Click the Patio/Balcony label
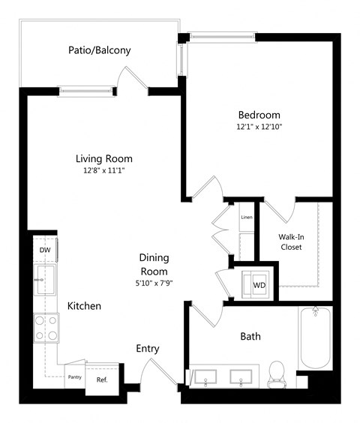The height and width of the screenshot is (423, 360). tap(99, 51)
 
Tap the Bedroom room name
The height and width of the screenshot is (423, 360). tap(259, 115)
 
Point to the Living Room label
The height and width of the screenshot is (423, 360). tap(103, 158)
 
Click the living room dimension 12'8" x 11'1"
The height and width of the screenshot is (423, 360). tap(103, 170)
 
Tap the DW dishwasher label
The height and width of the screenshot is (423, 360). tap(44, 250)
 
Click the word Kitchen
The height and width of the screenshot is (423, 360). tap(84, 306)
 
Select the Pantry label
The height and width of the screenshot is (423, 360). tap(74, 377)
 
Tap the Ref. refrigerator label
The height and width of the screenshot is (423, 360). tap(101, 379)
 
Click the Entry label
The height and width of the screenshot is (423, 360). tap(147, 349)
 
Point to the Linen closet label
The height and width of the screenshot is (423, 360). tap(246, 217)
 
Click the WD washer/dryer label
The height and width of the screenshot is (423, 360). tap(259, 286)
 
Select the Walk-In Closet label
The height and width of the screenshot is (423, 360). tap(291, 241)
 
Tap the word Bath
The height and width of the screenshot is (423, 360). tap(250, 337)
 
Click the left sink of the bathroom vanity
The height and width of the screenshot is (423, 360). tap(203, 376)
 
